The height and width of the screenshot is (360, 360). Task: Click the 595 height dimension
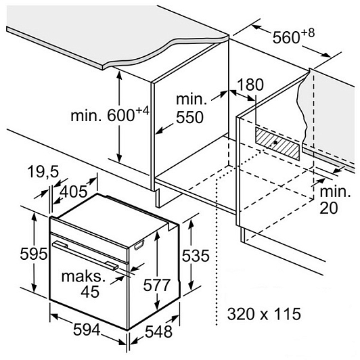tap(34, 254)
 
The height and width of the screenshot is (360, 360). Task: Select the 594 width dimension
tap(87, 330)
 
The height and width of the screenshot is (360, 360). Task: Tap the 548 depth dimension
tap(158, 332)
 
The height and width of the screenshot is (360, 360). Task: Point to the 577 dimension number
tap(156, 285)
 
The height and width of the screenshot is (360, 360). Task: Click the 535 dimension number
tap(196, 256)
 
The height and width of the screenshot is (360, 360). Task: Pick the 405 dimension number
tap(74, 192)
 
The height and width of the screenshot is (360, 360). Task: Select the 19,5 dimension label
tap(43, 172)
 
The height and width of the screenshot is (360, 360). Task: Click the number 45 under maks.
tap(90, 292)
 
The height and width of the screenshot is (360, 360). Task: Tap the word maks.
tap(83, 276)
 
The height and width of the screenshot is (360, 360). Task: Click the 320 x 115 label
tap(264, 314)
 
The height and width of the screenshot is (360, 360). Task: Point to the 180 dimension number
tap(250, 85)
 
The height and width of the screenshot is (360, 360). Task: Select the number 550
tap(189, 117)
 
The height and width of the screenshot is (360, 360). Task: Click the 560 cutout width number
tap(286, 37)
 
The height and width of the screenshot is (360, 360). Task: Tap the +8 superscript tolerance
tap(307, 33)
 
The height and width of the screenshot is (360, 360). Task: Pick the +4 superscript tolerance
tap(142, 111)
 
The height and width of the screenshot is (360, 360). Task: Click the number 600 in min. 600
tap(120, 116)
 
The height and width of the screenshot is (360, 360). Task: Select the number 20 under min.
tap(329, 208)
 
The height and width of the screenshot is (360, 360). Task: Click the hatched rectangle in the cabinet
tap(277, 143)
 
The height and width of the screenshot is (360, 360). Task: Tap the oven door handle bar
tap(85, 254)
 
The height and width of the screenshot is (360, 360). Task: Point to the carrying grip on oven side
tap(139, 244)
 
